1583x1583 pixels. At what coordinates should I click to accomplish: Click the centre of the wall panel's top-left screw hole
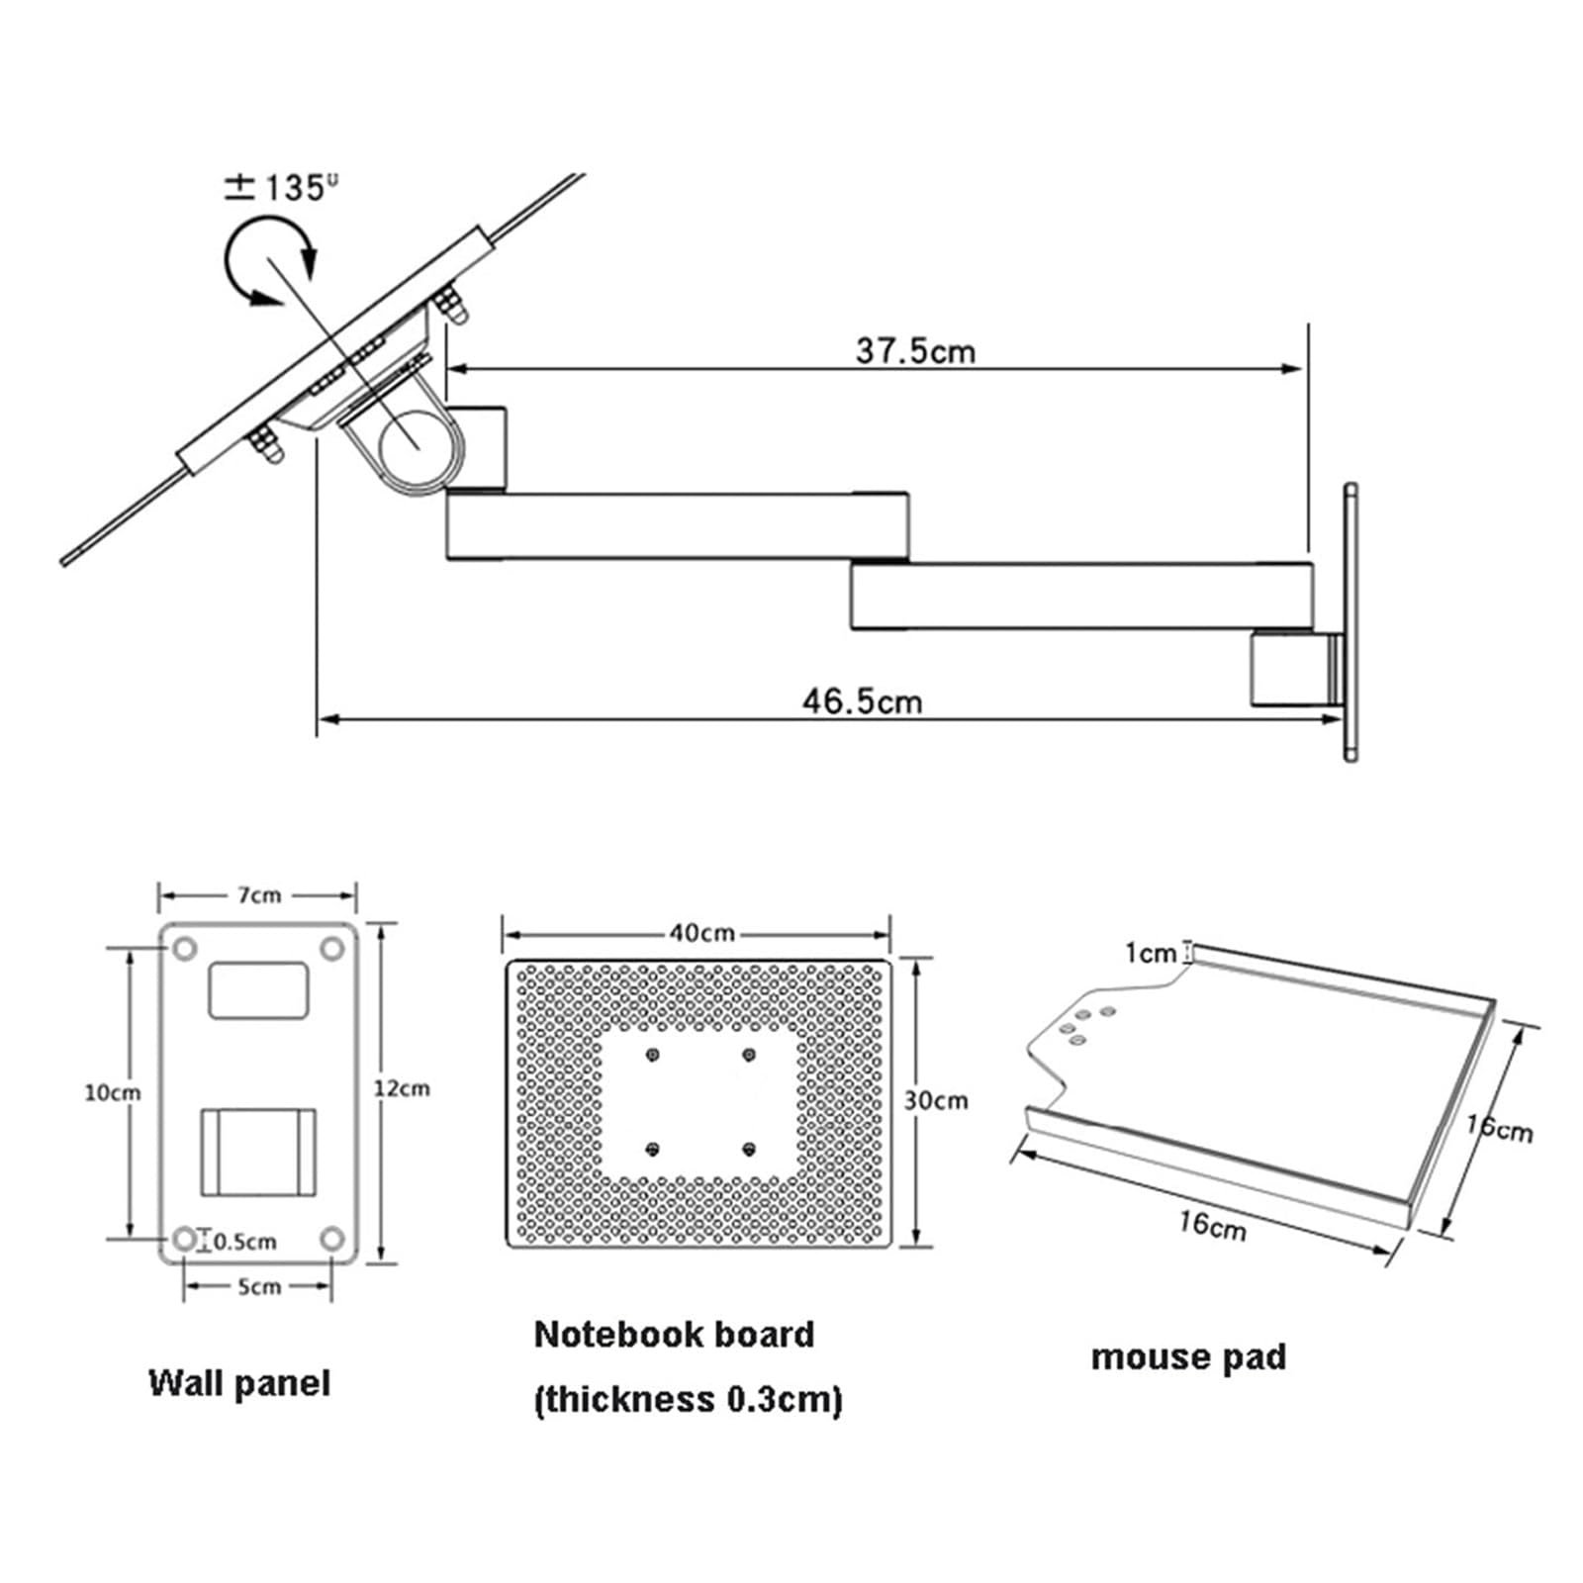point(184,949)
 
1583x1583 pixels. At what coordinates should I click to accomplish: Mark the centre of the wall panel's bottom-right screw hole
point(332,1239)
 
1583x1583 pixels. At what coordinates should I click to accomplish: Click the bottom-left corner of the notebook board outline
point(507,1247)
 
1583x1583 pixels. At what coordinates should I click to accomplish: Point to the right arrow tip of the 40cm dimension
point(889,934)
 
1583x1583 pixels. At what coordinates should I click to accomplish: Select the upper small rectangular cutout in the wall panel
point(258,990)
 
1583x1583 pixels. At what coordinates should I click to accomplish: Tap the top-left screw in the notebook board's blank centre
point(652,1055)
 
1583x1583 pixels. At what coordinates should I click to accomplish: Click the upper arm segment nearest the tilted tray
point(678,526)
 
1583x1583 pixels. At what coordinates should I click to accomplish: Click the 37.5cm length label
point(915,350)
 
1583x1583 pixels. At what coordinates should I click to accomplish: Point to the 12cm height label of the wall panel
point(402,1088)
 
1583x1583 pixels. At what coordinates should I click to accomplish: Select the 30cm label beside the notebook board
point(936,1100)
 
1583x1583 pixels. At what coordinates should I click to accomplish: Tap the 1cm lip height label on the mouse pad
point(1151,953)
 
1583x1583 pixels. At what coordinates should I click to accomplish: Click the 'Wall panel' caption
point(239,1383)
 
